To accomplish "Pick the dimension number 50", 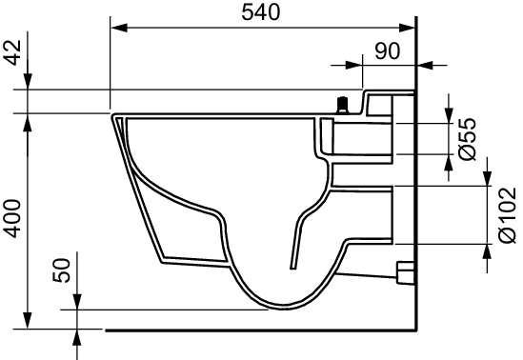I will pos(60,270).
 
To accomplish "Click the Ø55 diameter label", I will pos(466,138).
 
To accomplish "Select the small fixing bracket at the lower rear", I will pos(405,272).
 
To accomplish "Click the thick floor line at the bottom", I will pos(257,330).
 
